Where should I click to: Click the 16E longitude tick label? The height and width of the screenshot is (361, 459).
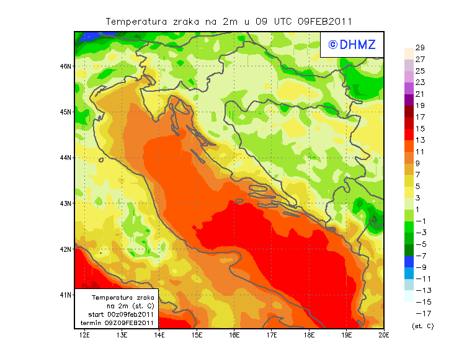[x=234, y=336]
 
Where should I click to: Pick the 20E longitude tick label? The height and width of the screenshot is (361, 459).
[x=384, y=336]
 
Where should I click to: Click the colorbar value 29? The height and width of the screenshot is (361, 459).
[x=420, y=48]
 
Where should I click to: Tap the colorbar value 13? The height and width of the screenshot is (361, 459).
[x=420, y=140]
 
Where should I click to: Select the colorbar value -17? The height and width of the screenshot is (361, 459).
[x=420, y=313]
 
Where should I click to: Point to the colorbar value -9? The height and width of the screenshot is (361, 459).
[x=420, y=267]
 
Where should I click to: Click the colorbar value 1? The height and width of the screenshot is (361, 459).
[x=420, y=210]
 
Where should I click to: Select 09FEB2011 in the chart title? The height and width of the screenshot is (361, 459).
[x=324, y=21]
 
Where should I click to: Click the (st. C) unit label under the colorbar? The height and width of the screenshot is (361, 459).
[x=422, y=326]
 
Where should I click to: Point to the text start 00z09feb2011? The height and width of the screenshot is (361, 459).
[x=117, y=314]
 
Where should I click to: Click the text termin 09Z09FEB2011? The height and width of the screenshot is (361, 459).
[x=117, y=323]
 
